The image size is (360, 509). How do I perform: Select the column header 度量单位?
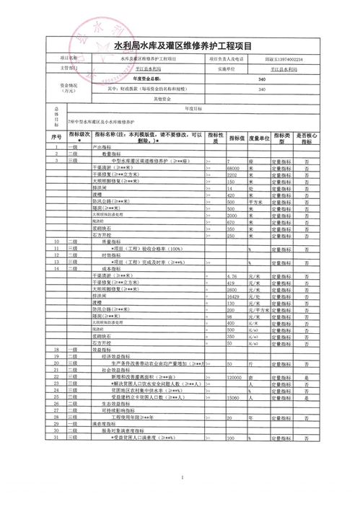coord(259,138)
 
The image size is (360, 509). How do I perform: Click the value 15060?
coord(233,397)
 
